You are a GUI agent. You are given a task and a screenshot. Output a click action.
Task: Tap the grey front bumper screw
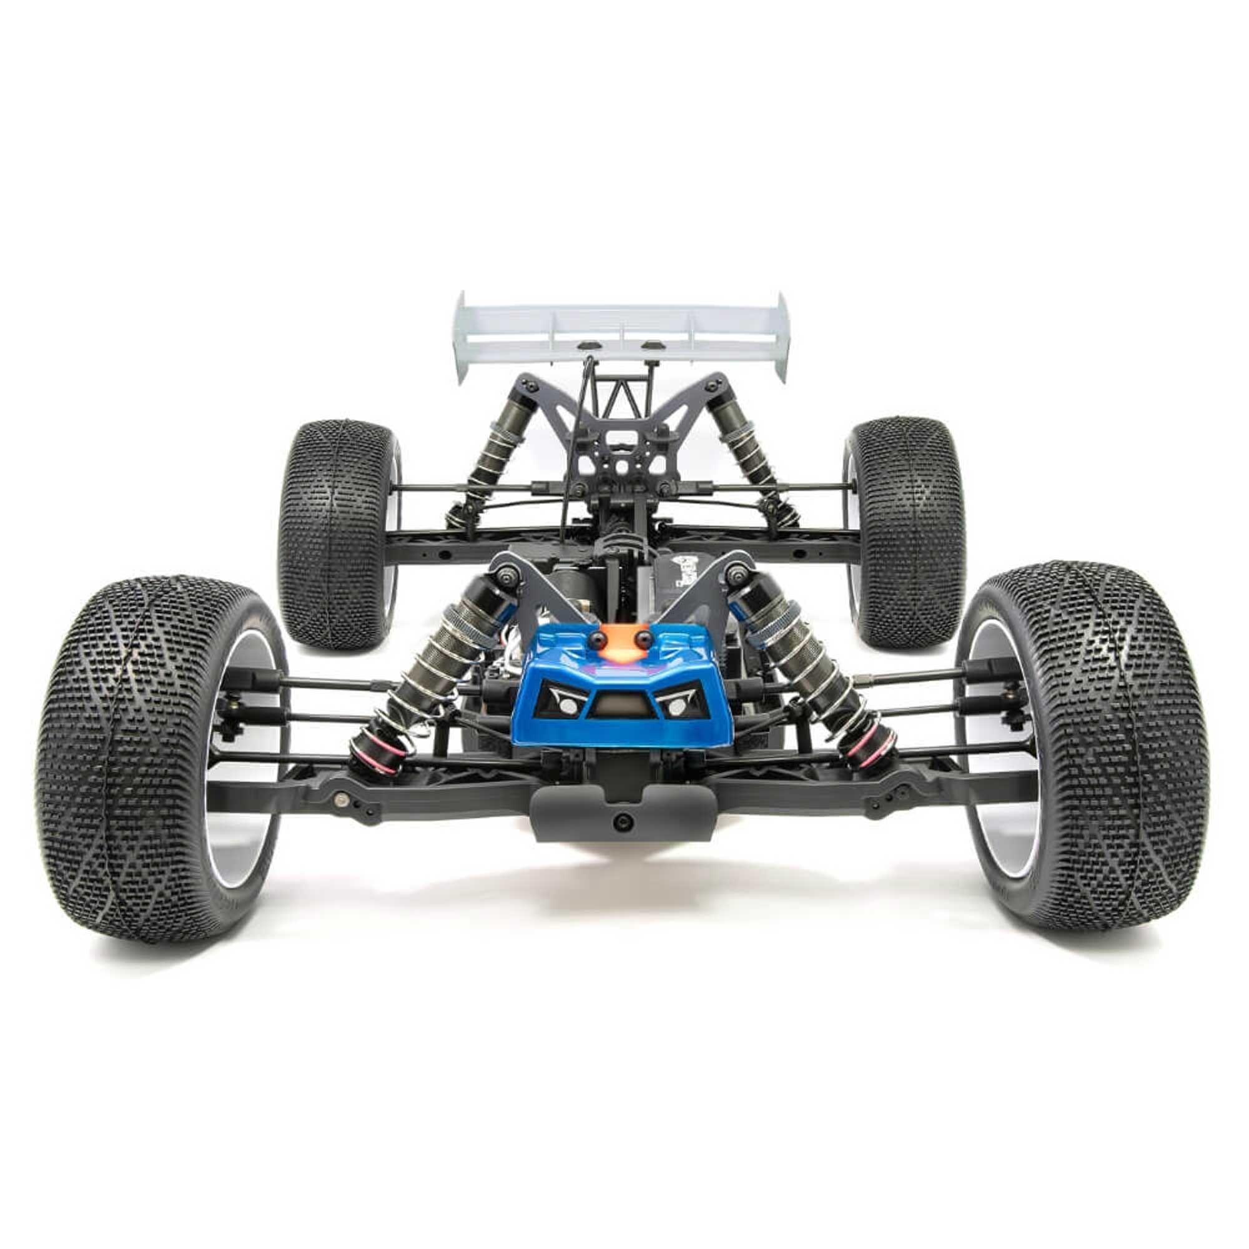click(x=624, y=821)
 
